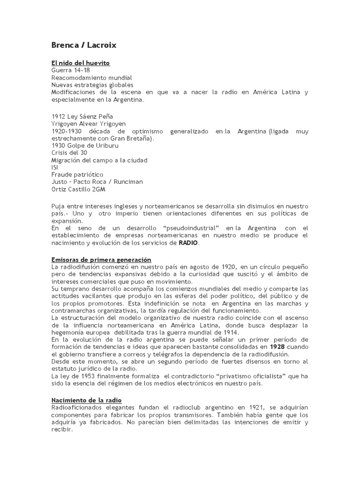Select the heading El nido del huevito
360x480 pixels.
[x=80, y=63]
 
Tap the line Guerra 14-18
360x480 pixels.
[x=67, y=70]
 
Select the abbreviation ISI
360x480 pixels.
[x=54, y=167]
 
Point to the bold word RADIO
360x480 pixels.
[x=188, y=243]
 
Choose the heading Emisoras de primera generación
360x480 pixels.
[x=101, y=260]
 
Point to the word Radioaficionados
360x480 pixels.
[x=77, y=407]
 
